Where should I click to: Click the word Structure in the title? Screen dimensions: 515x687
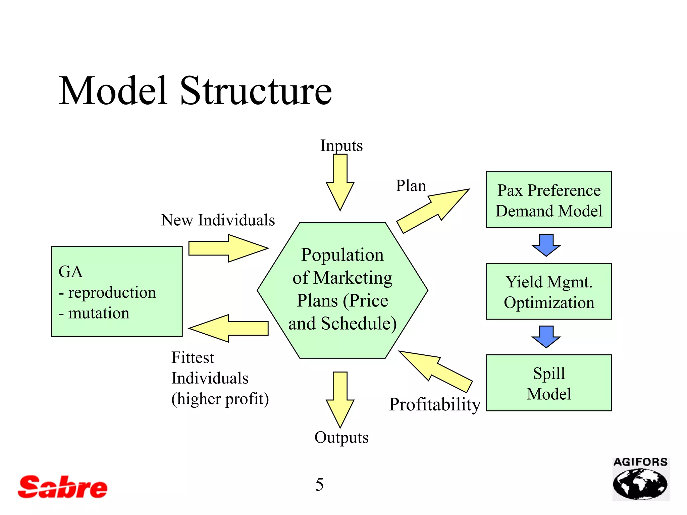click(x=256, y=91)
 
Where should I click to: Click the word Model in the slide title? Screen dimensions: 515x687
click(x=113, y=91)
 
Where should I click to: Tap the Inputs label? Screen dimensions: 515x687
click(x=341, y=146)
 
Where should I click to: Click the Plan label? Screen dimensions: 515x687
click(x=411, y=186)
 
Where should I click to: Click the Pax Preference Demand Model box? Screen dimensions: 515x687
click(x=549, y=200)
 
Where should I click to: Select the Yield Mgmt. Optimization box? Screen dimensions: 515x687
click(x=549, y=291)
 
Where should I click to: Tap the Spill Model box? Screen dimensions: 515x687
click(x=549, y=383)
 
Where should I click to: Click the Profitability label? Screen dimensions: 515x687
click(x=435, y=404)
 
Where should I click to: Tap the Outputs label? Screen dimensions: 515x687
click(x=341, y=438)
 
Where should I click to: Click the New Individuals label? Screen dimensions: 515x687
click(x=218, y=220)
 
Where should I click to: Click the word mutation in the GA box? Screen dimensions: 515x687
click(x=99, y=313)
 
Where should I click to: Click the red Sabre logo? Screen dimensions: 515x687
click(x=63, y=487)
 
